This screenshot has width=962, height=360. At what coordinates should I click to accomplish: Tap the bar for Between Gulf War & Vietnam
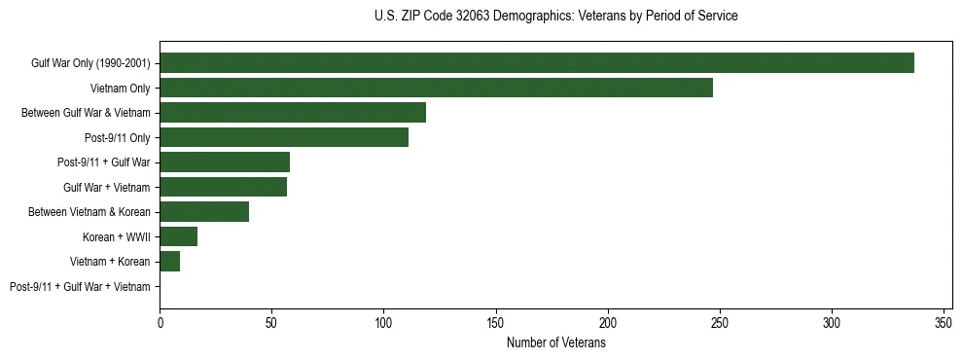click(293, 113)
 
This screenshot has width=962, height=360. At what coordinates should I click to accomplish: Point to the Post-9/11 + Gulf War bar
click(225, 162)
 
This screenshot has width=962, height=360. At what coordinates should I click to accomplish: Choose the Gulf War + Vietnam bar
click(224, 187)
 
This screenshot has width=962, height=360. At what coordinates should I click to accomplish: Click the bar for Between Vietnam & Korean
click(204, 212)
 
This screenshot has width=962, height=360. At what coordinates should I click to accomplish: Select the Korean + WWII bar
click(179, 236)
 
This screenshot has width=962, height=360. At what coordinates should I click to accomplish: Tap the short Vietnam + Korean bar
click(170, 261)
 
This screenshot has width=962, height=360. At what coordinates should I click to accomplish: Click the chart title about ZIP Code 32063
click(555, 17)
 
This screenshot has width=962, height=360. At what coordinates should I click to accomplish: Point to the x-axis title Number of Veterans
click(555, 343)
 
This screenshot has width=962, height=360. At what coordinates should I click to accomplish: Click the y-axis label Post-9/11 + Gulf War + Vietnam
click(80, 286)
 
